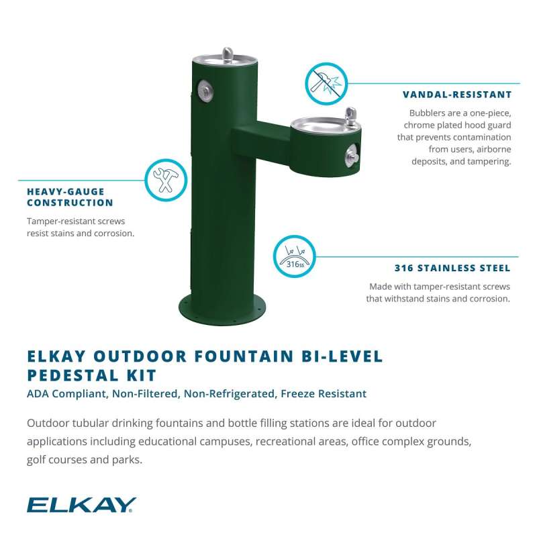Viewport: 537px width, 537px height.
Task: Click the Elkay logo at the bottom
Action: coord(81,505)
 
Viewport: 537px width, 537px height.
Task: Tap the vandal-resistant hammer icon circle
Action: coord(326,83)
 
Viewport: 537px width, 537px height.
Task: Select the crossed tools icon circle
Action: coord(166,180)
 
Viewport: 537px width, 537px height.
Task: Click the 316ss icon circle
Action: coord(294,256)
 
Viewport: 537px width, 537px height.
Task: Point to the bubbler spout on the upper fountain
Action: coord(228,54)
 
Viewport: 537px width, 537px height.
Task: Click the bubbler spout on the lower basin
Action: coord(350,115)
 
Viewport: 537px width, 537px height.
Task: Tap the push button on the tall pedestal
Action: coord(205,91)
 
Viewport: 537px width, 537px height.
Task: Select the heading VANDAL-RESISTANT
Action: coord(457,95)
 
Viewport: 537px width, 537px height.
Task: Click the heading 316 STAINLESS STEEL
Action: coord(452,268)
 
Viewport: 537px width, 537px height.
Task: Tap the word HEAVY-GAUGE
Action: coord(65,191)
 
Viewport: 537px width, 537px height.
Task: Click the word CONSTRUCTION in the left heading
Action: coord(70,203)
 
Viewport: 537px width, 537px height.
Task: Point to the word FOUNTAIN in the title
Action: coord(244,356)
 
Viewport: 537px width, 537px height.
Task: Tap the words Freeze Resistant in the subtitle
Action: coord(324,394)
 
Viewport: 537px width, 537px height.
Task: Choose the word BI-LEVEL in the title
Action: coord(342,356)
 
